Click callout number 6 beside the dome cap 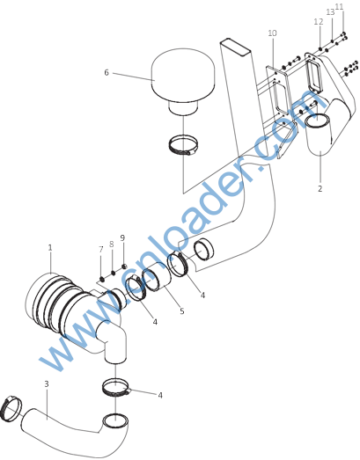pyautogui.click(x=107, y=72)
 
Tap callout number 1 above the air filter pyautogui.click(x=50, y=248)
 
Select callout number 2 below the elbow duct pyautogui.click(x=320, y=188)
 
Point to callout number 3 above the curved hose pyautogui.click(x=47, y=383)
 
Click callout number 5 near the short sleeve pyautogui.click(x=182, y=310)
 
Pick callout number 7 pyautogui.click(x=101, y=250)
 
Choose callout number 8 pyautogui.click(x=112, y=245)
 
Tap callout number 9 pyautogui.click(x=122, y=238)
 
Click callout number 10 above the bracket pyautogui.click(x=272, y=33)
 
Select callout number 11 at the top pyautogui.click(x=339, y=6)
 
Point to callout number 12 pyautogui.click(x=319, y=21)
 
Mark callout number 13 pyautogui.click(x=330, y=12)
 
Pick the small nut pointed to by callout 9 pyautogui.click(x=124, y=267)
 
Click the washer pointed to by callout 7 pyautogui.click(x=101, y=279)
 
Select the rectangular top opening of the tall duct pyautogui.click(x=236, y=47)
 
